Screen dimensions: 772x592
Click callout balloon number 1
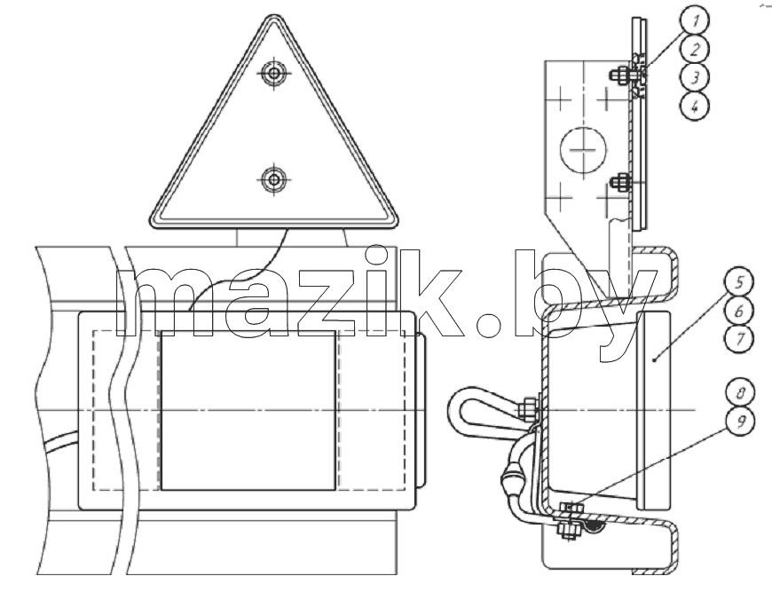click(x=694, y=20)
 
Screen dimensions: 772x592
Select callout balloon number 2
click(x=694, y=49)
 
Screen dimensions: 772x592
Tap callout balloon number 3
click(x=694, y=77)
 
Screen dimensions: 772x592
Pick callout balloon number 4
click(x=694, y=106)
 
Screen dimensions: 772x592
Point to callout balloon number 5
click(x=739, y=282)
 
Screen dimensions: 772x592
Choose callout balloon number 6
click(x=739, y=311)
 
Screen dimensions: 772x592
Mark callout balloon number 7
click(x=739, y=339)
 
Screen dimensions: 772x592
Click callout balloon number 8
click(x=740, y=392)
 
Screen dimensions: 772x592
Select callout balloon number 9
click(x=740, y=421)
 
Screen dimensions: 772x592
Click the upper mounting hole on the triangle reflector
click(x=273, y=74)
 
